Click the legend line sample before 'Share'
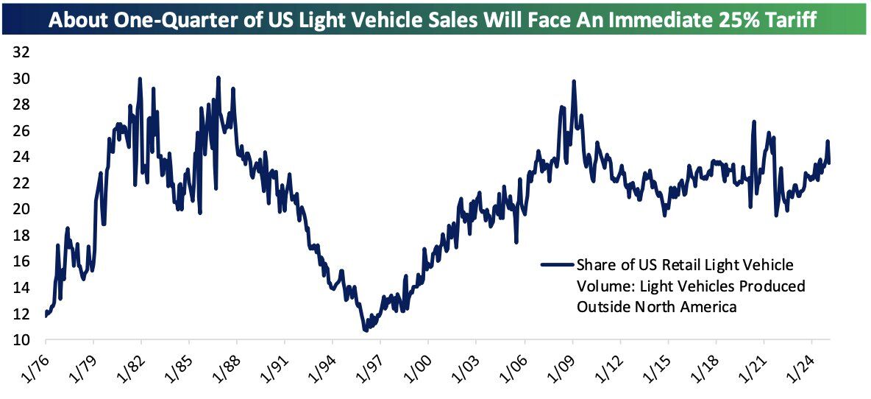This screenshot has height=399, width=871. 556,264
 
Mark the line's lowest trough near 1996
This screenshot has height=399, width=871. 366,331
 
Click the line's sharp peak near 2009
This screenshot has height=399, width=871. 573,82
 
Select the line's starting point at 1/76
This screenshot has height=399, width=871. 46,316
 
